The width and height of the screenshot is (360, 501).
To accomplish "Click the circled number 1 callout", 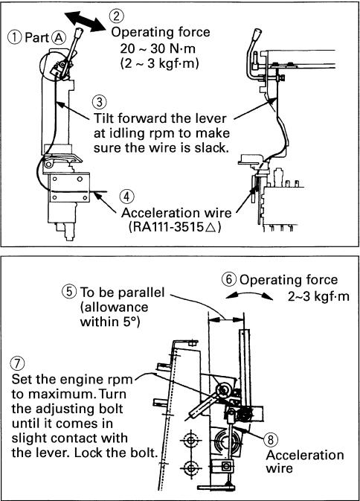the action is pyautogui.click(x=15, y=37).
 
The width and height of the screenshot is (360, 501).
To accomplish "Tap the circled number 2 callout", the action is pyautogui.click(x=116, y=16).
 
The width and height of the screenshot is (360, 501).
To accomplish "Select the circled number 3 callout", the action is pyautogui.click(x=100, y=102).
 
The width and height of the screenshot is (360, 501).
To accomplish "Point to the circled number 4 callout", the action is pyautogui.click(x=127, y=197).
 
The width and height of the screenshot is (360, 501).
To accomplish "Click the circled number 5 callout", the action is pyautogui.click(x=69, y=292).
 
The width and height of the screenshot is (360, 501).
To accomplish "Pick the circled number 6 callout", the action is pyautogui.click(x=229, y=279).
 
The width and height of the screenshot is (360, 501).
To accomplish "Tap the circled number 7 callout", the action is pyautogui.click(x=18, y=363).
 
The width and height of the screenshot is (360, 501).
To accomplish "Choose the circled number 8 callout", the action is pyautogui.click(x=271, y=440).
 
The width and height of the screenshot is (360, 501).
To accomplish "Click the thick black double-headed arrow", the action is pyautogui.click(x=85, y=21).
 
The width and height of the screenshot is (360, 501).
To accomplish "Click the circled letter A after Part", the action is pyautogui.click(x=59, y=38).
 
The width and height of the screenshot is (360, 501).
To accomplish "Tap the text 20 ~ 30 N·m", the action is pyautogui.click(x=158, y=48).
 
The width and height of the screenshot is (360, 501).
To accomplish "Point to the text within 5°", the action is pyautogui.click(x=110, y=322).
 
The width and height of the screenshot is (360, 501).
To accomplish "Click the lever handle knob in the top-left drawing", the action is pyautogui.click(x=79, y=33).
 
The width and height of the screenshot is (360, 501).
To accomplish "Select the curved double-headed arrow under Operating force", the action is pyautogui.click(x=249, y=294).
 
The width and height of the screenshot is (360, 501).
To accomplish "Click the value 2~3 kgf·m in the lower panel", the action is pyautogui.click(x=318, y=296).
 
